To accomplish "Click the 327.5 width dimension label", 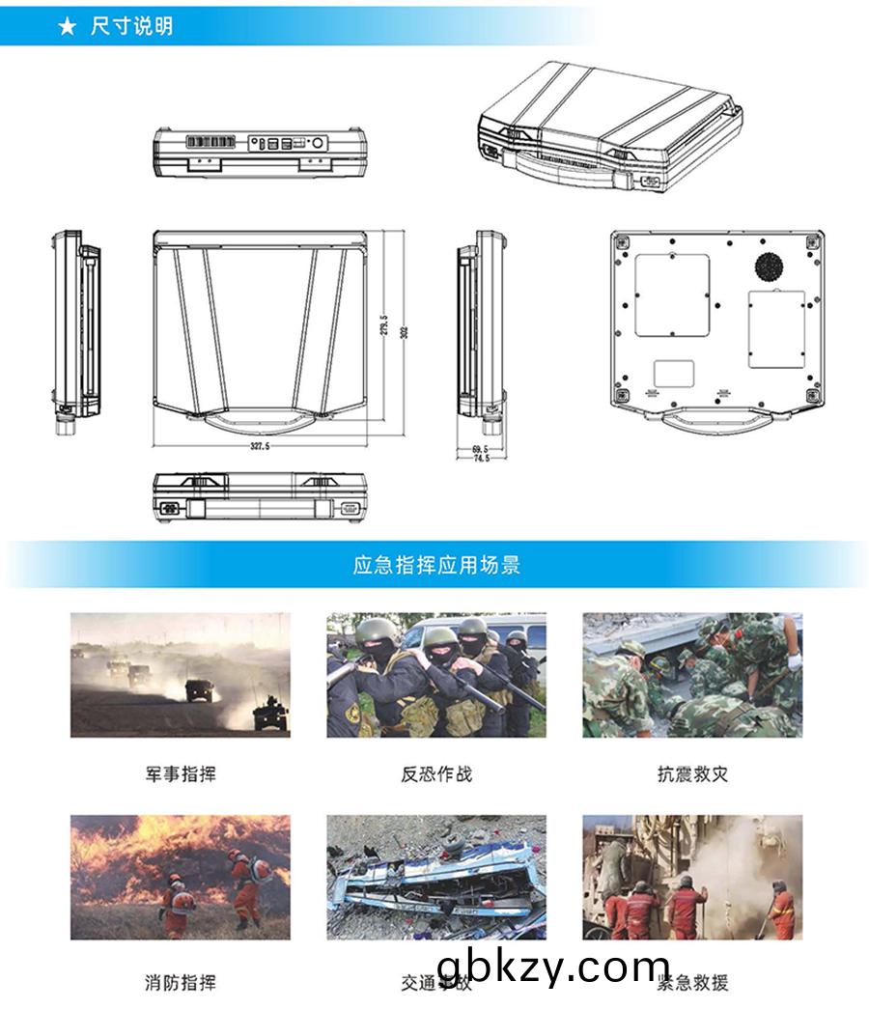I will [260, 447].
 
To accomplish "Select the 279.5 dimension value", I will [384, 325].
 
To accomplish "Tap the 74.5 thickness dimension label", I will [480, 458].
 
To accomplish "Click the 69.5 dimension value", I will [480, 448].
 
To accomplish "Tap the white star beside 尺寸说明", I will [67, 27].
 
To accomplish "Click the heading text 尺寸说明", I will [131, 27].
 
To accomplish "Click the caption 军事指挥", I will [181, 773].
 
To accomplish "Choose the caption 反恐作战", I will [436, 773].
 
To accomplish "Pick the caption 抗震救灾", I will [692, 773].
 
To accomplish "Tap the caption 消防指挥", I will [181, 983].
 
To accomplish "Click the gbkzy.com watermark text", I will [553, 966].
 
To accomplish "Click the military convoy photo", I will [181, 675].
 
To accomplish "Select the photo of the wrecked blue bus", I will [436, 877].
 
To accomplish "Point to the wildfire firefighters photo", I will [181, 877].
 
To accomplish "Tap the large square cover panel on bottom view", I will [672, 295].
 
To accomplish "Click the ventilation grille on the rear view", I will [210, 142].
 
